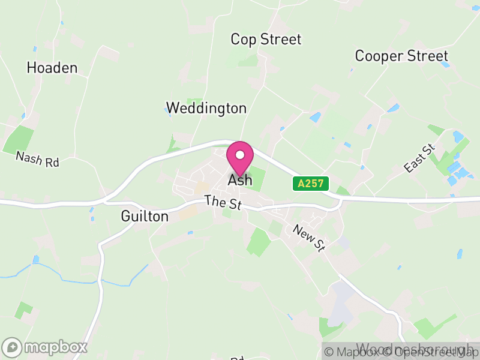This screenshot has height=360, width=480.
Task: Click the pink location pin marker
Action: [x=240, y=158]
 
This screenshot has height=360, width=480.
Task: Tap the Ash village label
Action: [x=240, y=180]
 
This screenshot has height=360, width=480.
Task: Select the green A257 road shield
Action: [x=311, y=184]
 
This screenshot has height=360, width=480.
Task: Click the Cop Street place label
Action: [x=266, y=40]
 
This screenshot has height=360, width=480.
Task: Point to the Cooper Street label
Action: [x=401, y=56]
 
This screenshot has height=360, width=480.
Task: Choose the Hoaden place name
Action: [x=52, y=68]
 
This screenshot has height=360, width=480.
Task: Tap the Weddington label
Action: [x=206, y=108]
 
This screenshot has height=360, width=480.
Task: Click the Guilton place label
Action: [x=145, y=216]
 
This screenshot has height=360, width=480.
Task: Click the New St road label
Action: [x=309, y=238]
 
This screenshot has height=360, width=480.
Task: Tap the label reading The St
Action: [x=222, y=202]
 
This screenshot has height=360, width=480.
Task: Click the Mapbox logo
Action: [x=46, y=347]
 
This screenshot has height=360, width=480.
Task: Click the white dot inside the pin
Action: [x=240, y=155]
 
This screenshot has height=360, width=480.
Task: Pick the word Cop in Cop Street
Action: [x=243, y=40]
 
